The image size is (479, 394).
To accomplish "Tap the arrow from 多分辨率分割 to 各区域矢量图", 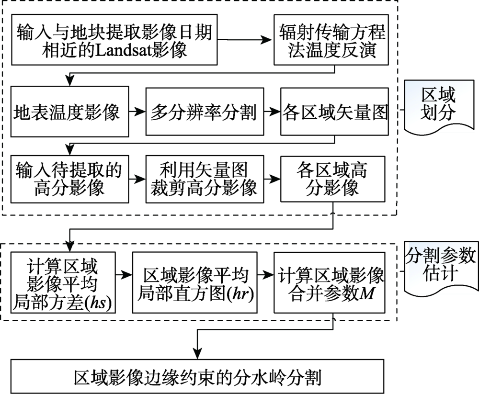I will coord(273,112).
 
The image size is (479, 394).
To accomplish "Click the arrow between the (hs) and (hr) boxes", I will coord(124,275).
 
